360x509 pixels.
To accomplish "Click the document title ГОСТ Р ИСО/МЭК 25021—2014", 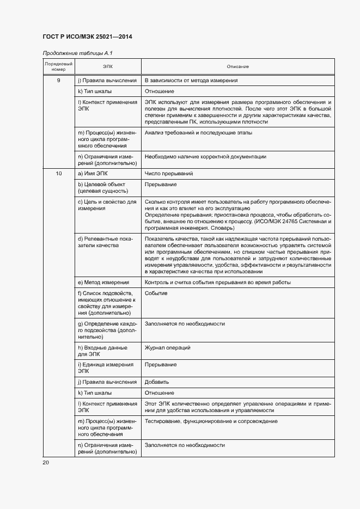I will pyautogui.click(x=87, y=37).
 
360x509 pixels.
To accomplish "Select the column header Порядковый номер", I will pyautogui.click(x=58, y=67).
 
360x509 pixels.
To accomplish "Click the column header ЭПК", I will pyautogui.click(x=108, y=67).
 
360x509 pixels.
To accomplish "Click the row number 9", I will pyautogui.click(x=58, y=81).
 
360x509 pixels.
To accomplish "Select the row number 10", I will pyautogui.click(x=58, y=174).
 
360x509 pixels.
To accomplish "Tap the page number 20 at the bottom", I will pyautogui.click(x=46, y=462).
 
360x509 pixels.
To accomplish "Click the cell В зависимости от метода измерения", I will pyautogui.click(x=191, y=81).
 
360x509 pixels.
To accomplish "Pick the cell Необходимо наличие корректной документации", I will pyautogui.click(x=205, y=157).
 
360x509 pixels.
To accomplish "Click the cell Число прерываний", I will pyautogui.click(x=168, y=174).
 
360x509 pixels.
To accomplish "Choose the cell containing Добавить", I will pyautogui.click(x=157, y=382).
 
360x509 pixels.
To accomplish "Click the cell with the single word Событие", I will pyautogui.click(x=156, y=293).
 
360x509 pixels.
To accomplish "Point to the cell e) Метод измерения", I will pyautogui.click(x=103, y=283).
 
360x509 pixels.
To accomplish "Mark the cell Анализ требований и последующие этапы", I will pyautogui.click(x=198, y=133).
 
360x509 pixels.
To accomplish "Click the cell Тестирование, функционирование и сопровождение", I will pyautogui.click(x=211, y=421).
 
